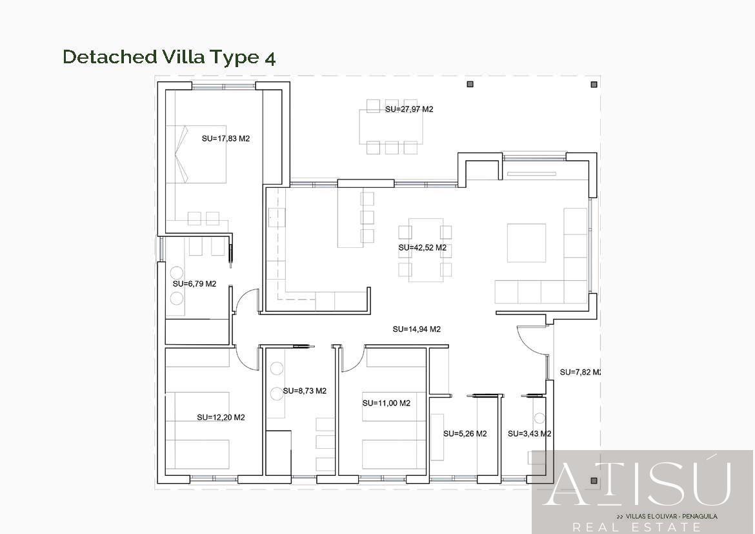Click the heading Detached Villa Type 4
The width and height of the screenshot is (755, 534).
coord(169,57)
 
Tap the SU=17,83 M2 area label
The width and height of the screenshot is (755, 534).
coord(226,139)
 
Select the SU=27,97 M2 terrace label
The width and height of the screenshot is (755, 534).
coord(409,109)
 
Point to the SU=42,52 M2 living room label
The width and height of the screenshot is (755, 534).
coord(422,248)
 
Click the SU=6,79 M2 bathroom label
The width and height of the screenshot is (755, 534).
coord(194,284)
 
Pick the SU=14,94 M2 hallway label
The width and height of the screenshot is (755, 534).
coord(416,330)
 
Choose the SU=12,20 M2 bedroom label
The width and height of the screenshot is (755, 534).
coord(221,417)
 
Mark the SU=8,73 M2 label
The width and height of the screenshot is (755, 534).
coord(305,391)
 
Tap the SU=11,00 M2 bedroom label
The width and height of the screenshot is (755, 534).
coord(387,403)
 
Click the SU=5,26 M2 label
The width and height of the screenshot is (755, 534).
coord(465,434)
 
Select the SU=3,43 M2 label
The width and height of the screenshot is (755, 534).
coord(530,434)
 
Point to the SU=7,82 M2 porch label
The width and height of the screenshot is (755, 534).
coord(580,372)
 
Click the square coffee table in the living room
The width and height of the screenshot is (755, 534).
coord(527,243)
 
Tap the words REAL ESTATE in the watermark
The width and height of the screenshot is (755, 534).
coord(636,528)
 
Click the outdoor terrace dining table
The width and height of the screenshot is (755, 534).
coord(391,127)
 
